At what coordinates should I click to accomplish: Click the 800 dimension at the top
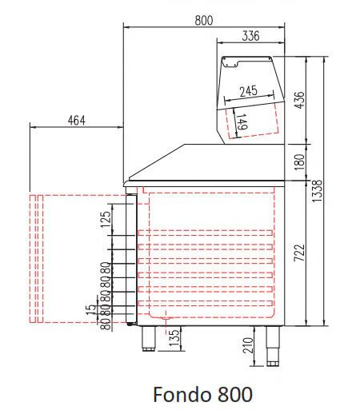click(x=204, y=21)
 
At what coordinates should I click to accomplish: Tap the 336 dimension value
click(x=250, y=36)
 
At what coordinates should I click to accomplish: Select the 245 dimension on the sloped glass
click(x=248, y=91)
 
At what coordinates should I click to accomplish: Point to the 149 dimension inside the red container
click(x=242, y=121)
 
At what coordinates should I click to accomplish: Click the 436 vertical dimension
click(x=299, y=100)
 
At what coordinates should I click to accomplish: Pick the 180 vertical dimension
click(x=299, y=162)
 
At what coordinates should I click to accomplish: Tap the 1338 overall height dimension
click(x=317, y=191)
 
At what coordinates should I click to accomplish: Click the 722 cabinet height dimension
click(x=299, y=253)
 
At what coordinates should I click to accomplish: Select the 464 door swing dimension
click(x=77, y=121)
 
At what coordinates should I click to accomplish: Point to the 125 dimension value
click(x=106, y=219)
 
